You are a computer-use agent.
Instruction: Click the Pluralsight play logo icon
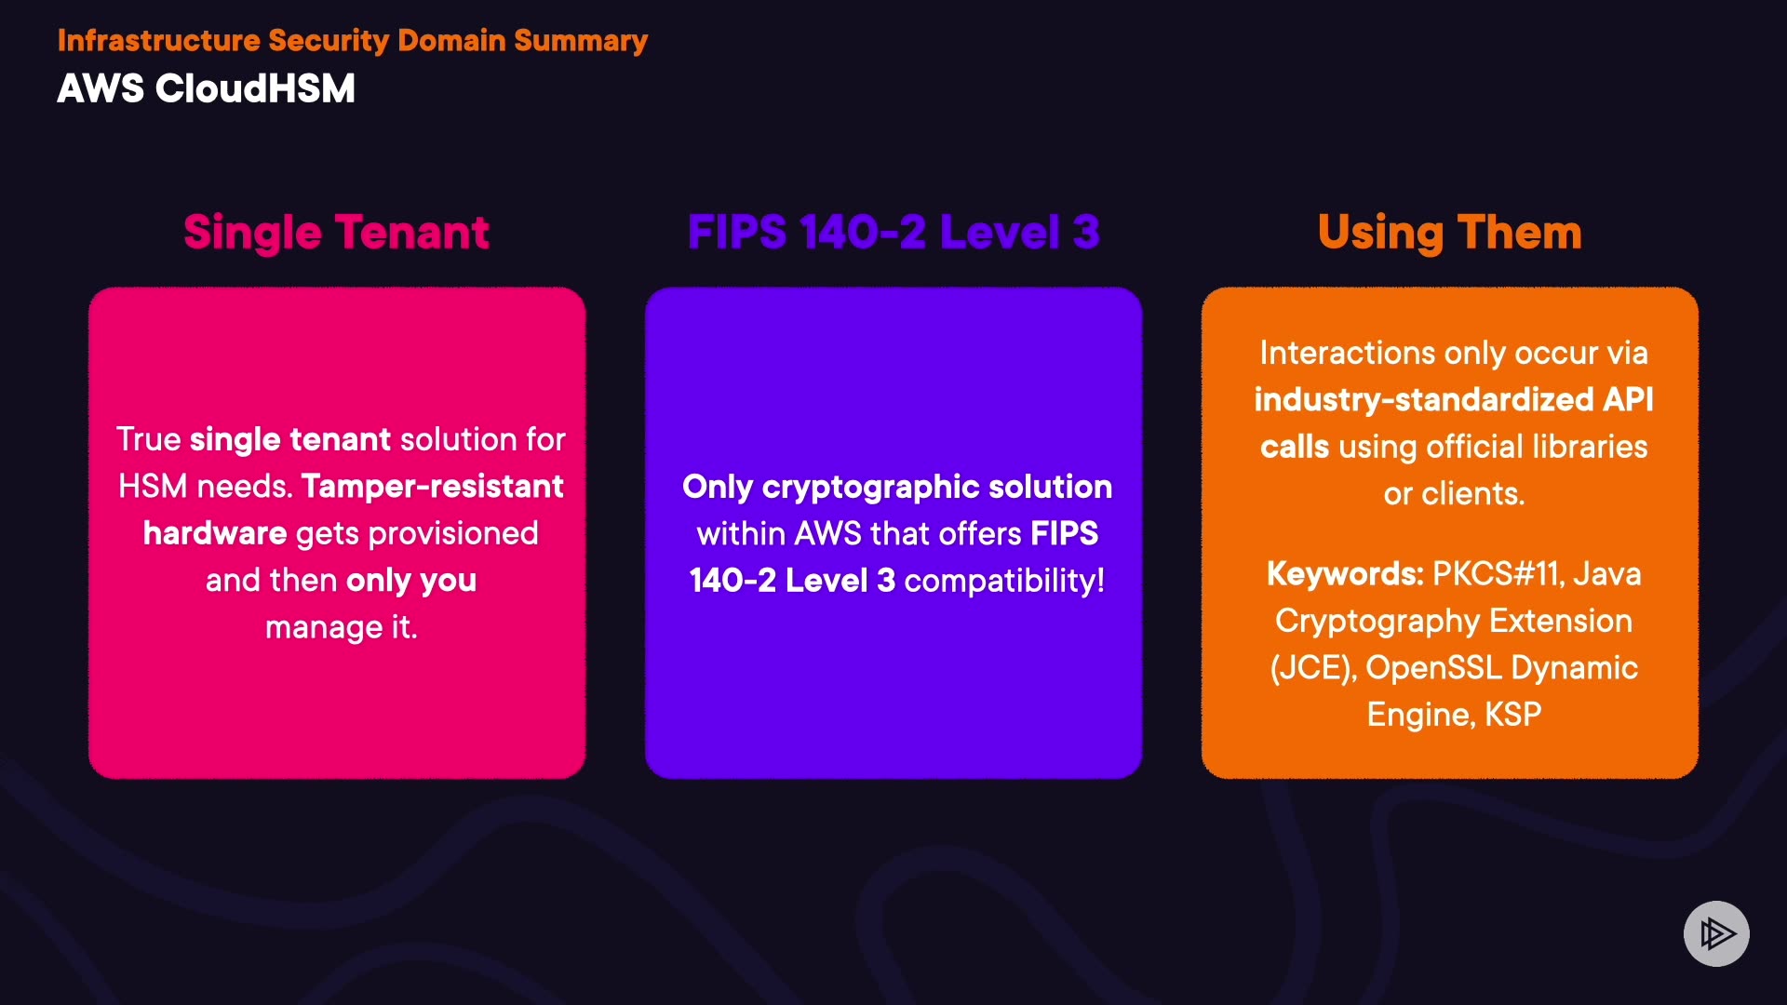tap(1716, 933)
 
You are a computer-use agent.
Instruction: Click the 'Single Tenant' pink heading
tap(336, 233)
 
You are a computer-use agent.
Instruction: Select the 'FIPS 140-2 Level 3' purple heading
tap(893, 233)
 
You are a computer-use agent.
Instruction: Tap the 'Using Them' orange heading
tap(1449, 233)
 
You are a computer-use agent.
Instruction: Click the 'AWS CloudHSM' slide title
tap(206, 89)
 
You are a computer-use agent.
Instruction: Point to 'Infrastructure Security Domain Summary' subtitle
tap(352, 41)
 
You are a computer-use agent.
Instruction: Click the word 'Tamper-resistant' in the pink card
tap(433, 487)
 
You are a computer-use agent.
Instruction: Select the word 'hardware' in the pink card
tap(214, 533)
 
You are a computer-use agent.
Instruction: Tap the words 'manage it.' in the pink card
tap(341, 627)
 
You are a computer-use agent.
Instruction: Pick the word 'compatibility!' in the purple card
tap(1004, 581)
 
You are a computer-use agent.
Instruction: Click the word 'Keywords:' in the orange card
tap(1345, 574)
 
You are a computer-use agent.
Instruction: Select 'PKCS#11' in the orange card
tap(1496, 574)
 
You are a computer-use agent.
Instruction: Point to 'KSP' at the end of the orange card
tap(1513, 715)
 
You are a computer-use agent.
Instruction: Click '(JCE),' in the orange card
tap(1313, 668)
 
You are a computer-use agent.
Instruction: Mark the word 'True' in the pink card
tap(148, 439)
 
